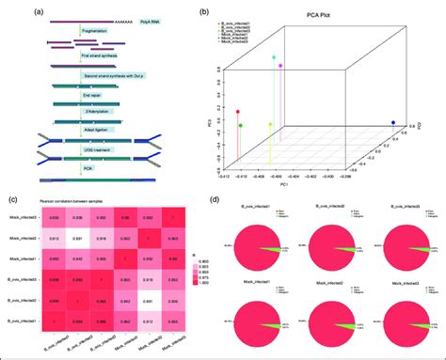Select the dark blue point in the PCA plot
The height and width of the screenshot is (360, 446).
click(392, 123)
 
